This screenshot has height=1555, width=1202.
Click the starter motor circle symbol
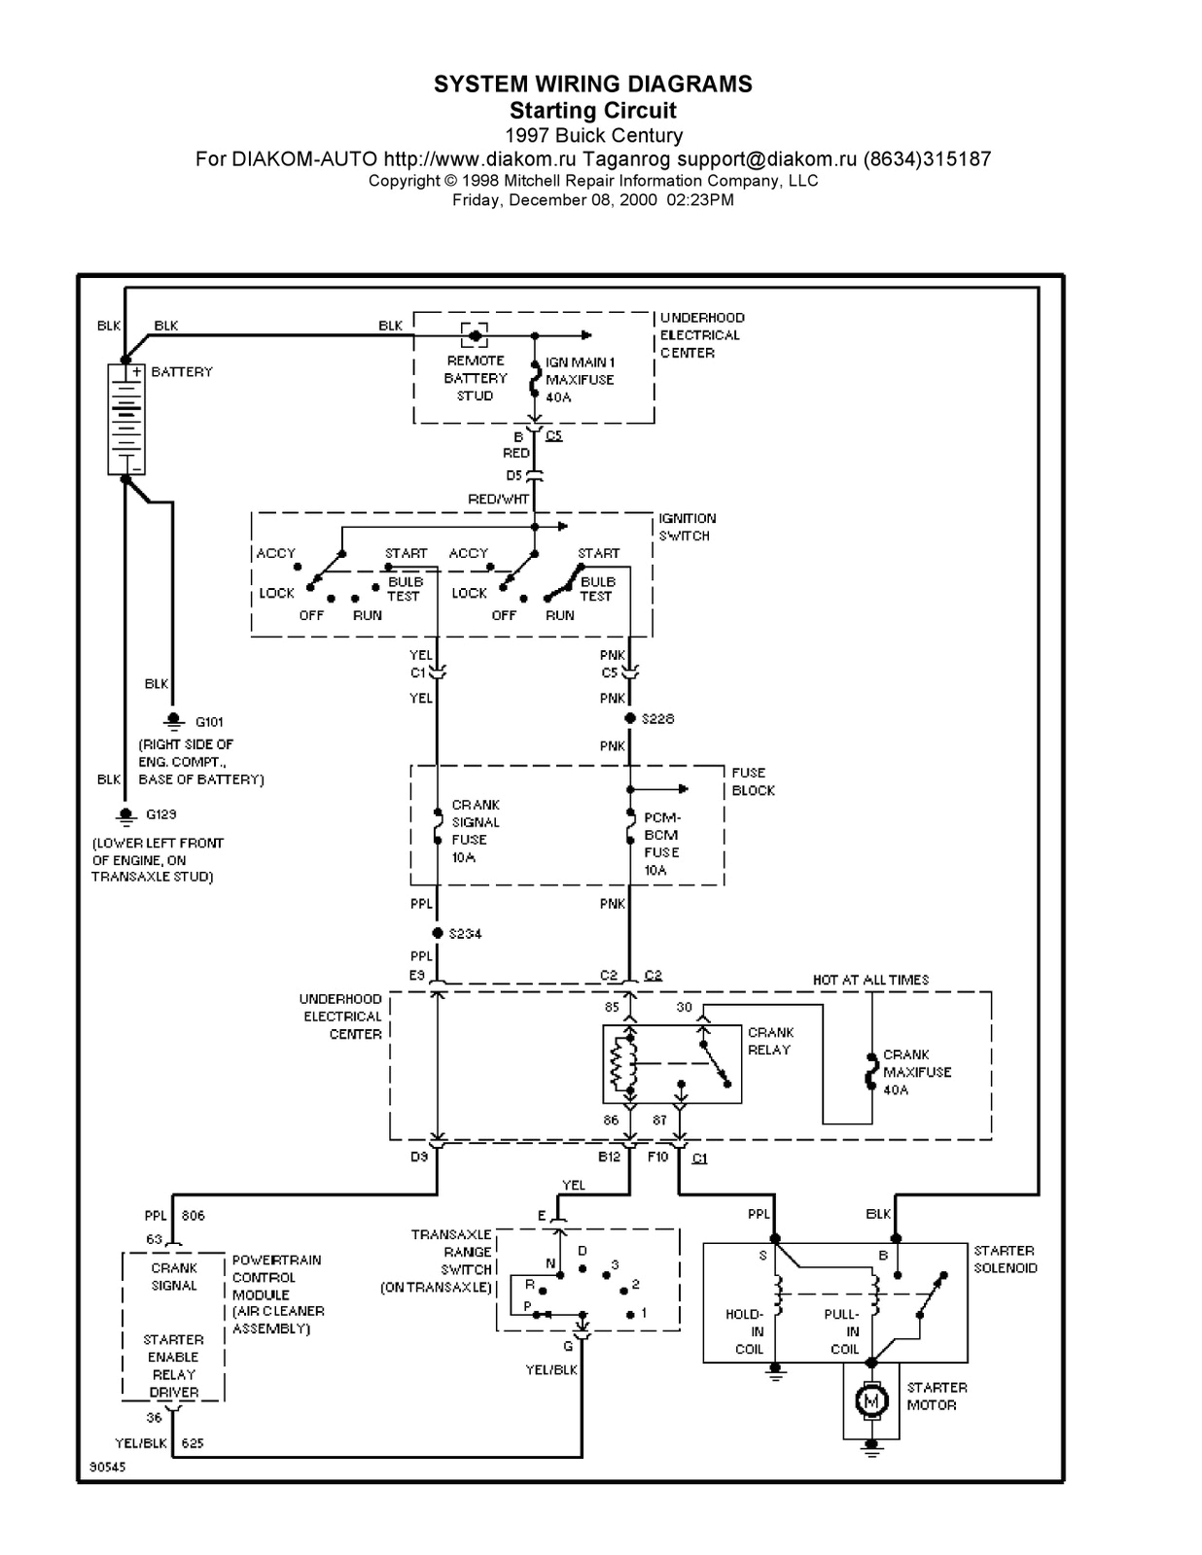coord(871,1400)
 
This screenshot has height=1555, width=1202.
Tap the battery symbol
coord(126,419)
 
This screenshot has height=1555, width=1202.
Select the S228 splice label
coord(658,718)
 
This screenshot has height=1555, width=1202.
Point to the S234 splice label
coord(465,933)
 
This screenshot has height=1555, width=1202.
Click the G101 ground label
coord(209,721)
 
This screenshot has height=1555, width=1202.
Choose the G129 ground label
coord(161,814)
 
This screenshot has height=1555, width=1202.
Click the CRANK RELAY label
coord(770,1041)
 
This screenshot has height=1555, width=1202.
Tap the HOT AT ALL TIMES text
coord(870,980)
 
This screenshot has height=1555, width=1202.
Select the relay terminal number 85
coord(612,1007)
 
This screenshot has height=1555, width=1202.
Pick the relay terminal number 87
coord(659,1120)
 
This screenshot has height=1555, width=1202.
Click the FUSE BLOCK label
coord(753,781)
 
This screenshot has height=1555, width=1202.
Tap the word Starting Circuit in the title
coord(593,110)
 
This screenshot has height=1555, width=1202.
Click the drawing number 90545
coord(107,1467)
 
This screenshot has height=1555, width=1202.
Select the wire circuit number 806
coord(193,1215)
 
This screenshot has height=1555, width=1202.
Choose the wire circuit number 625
coord(193,1443)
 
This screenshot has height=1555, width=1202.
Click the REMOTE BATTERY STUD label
coord(476,378)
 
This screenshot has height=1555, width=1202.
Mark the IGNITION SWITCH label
coord(687,527)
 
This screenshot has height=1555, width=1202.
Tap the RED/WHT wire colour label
coord(498,499)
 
